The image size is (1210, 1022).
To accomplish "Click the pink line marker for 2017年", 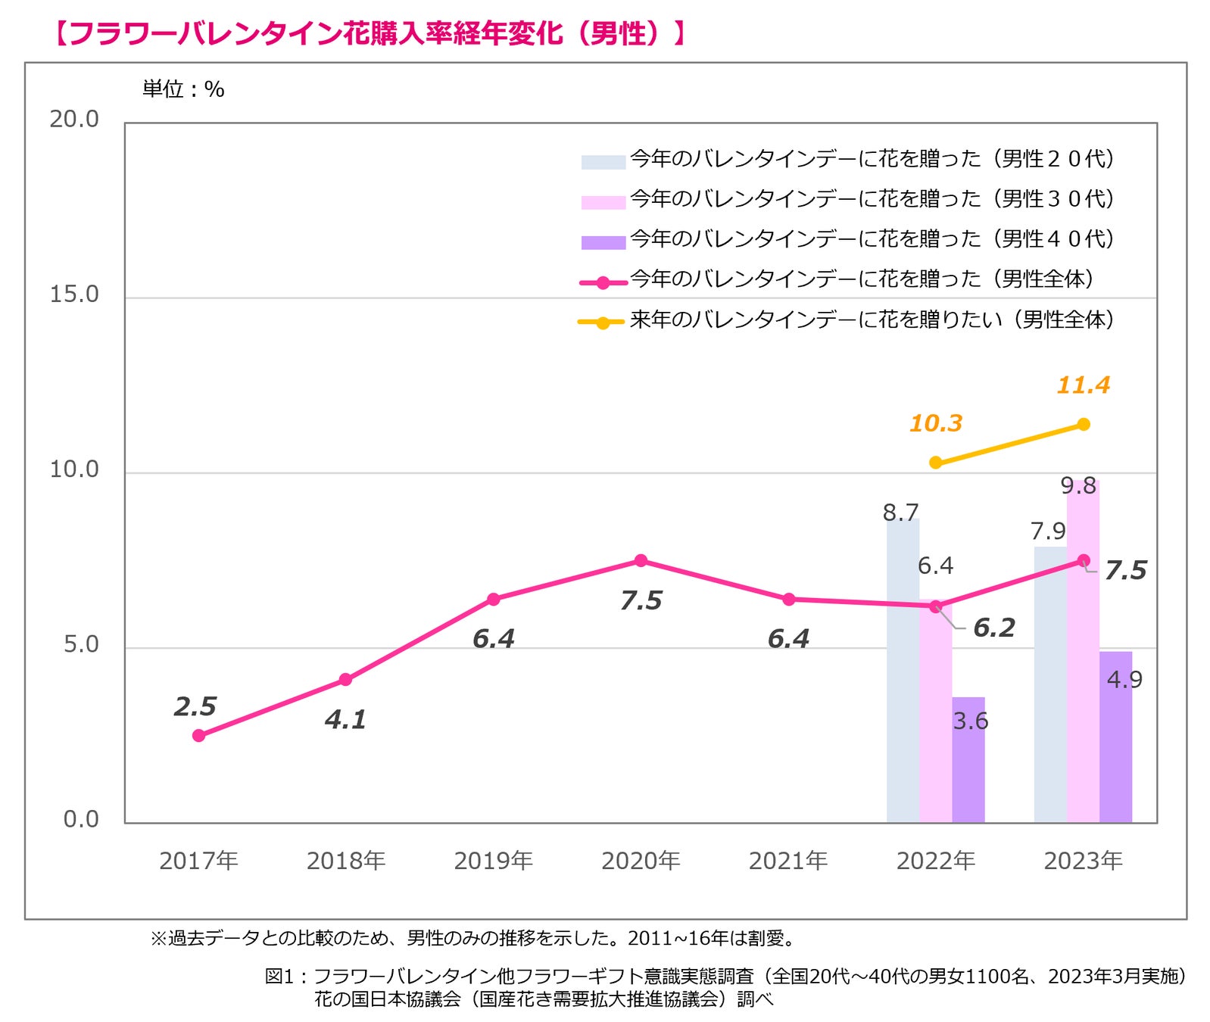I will [x=198, y=735].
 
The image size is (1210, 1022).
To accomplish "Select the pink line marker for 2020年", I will [x=641, y=560].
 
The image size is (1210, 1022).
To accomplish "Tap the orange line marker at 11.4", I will [x=1084, y=424].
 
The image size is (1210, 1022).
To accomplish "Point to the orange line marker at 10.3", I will [x=936, y=463].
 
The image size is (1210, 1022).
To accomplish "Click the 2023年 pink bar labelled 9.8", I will [x=1083, y=651].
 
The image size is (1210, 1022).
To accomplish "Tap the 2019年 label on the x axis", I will [x=493, y=861].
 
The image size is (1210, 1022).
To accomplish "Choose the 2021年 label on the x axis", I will [x=787, y=861].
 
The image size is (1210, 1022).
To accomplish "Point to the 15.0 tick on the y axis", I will [x=74, y=294].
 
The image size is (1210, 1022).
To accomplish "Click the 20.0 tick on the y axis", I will [x=74, y=119].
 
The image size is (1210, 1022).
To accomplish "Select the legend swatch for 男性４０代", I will [x=603, y=242].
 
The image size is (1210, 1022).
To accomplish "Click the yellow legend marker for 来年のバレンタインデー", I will [x=603, y=322].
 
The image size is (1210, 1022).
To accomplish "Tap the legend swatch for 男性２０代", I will [x=603, y=162].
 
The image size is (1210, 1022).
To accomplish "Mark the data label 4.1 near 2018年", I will [x=345, y=719].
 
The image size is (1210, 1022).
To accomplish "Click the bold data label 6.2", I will [x=993, y=628].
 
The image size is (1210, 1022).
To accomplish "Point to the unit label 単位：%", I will [x=183, y=89].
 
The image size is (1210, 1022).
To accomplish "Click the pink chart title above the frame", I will [x=370, y=33].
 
